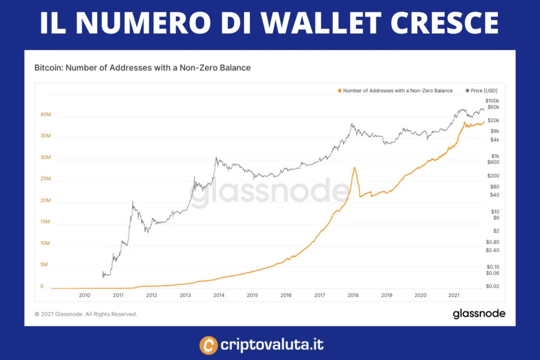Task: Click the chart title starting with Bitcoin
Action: [142, 68]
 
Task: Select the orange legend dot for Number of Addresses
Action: [340, 91]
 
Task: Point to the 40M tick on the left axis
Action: [45, 114]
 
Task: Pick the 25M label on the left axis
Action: [45, 179]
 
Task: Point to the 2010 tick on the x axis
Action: [84, 295]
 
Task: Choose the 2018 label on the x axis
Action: [353, 295]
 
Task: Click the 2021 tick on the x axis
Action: [454, 295]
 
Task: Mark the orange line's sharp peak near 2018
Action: [355, 168]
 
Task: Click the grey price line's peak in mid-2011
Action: [133, 202]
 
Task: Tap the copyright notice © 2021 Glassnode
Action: [86, 314]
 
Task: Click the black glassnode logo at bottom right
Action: [479, 314]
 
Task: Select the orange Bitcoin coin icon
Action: [209, 346]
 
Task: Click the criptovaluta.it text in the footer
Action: [273, 346]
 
